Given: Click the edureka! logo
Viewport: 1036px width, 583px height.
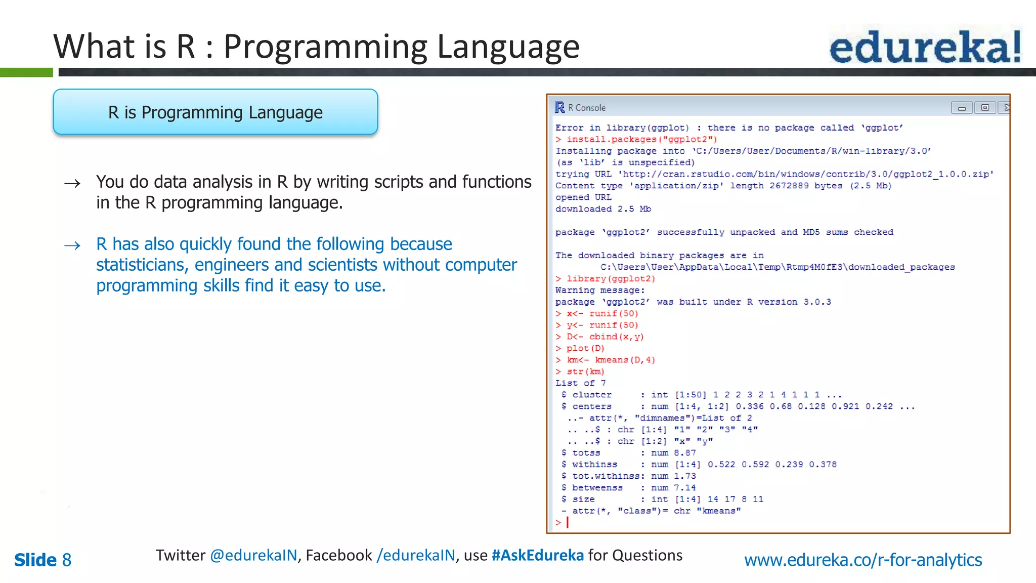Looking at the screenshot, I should [x=925, y=47].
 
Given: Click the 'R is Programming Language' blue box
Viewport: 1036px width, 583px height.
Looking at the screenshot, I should [x=215, y=112].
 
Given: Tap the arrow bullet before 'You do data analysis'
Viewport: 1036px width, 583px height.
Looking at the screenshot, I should [x=72, y=183].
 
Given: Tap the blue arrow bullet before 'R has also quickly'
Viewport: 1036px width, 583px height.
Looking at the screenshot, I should [x=72, y=246].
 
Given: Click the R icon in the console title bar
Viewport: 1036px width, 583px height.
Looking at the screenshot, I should [x=559, y=107].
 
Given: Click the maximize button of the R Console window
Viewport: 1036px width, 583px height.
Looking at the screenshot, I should [x=984, y=107].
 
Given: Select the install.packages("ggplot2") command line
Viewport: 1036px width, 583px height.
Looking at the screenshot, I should [x=641, y=139].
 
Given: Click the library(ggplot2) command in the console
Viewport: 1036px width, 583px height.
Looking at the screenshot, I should [x=611, y=279].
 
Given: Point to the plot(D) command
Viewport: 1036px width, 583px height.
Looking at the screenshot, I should [x=585, y=349].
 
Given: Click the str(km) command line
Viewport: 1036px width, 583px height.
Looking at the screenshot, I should [x=585, y=372].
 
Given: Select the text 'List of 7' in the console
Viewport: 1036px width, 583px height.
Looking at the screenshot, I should [x=580, y=384].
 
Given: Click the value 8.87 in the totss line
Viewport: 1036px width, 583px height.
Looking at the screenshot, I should [x=685, y=453].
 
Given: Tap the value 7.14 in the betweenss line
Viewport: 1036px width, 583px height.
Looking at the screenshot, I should [x=685, y=488].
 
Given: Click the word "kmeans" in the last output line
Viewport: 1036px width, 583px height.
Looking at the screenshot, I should [x=719, y=511].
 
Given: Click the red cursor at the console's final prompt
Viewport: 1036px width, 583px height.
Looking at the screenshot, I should [x=568, y=522].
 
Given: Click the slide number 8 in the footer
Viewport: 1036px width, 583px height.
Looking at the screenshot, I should [x=66, y=560].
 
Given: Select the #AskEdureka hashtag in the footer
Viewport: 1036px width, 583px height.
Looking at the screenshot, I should [x=538, y=556].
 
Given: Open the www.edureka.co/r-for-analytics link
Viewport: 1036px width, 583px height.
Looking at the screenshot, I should [x=863, y=560].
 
